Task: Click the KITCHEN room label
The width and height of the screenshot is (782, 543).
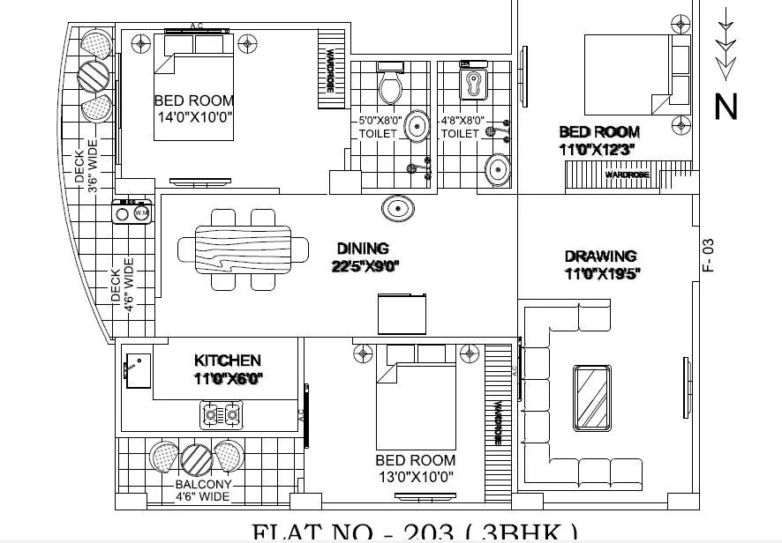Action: [227, 361]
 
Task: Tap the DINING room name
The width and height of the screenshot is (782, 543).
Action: [363, 249]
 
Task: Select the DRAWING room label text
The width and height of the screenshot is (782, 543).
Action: [600, 257]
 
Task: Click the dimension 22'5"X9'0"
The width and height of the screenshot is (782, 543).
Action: [365, 266]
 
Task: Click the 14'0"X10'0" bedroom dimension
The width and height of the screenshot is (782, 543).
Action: [193, 118]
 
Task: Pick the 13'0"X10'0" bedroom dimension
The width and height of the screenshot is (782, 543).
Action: [415, 477]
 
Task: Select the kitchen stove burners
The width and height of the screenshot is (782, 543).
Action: [222, 412]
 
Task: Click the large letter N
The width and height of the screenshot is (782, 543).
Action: [726, 107]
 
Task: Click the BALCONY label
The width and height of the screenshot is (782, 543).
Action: [203, 484]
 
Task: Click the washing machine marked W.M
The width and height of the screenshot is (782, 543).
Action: [141, 212]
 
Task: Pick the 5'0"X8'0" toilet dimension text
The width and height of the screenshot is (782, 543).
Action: [380, 119]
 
